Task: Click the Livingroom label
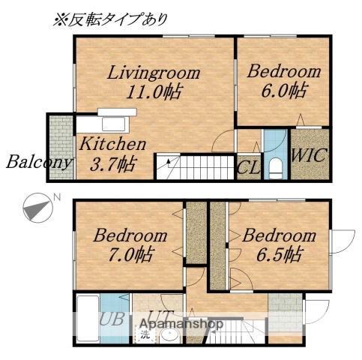coord(153,73)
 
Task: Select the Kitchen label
coord(112,144)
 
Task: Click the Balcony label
coord(39,162)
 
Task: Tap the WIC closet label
coord(310,157)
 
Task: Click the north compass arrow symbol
coord(34,208)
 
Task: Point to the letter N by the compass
coord(55,198)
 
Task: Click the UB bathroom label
coord(112,319)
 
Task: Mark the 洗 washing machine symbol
coord(144,335)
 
